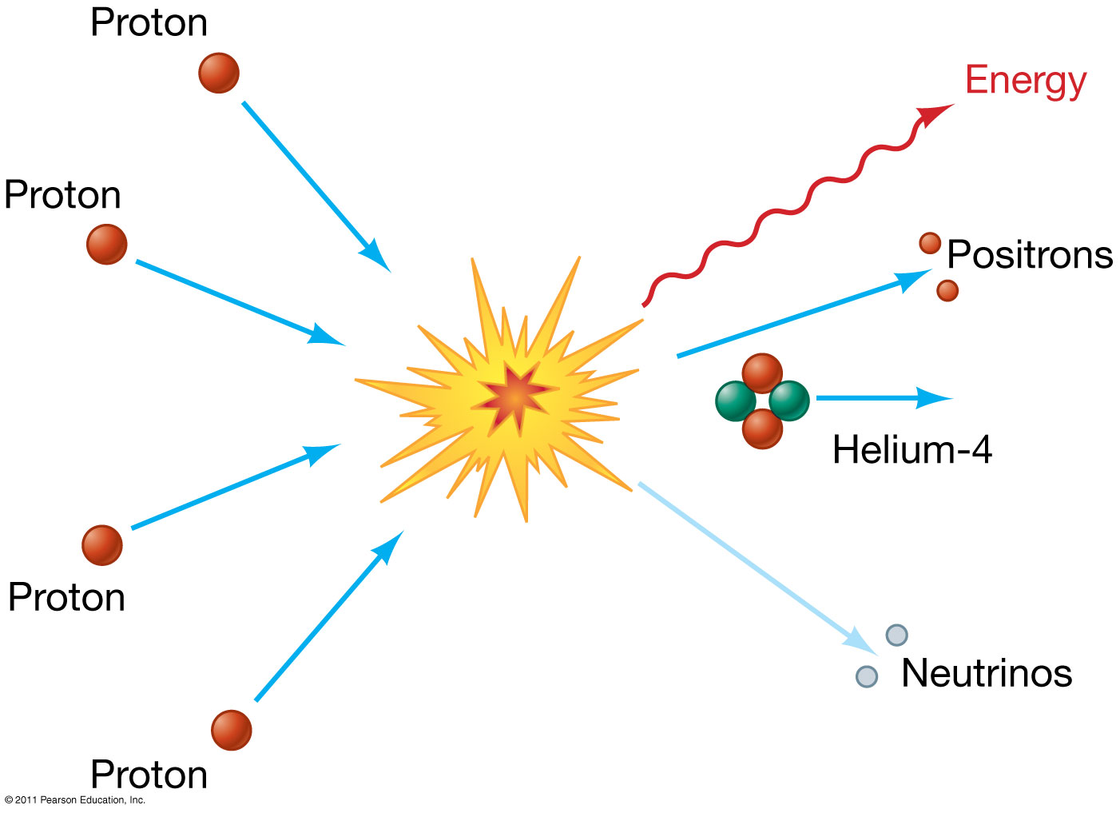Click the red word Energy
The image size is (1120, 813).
(1026, 82)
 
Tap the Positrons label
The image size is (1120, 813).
(1030, 255)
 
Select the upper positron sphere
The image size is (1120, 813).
(930, 243)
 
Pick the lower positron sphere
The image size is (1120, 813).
(947, 290)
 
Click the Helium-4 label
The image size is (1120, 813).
(911, 449)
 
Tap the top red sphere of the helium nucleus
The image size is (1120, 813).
(762, 373)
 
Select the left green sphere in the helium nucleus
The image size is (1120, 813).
(734, 401)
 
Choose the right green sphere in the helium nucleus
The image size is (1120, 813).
(789, 401)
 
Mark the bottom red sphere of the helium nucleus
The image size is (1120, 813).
(762, 429)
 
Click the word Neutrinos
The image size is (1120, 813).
(986, 673)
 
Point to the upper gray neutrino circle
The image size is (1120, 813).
(897, 635)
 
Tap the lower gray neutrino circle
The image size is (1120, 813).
(867, 676)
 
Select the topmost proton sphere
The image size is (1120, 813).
(219, 73)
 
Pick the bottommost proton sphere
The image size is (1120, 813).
(232, 730)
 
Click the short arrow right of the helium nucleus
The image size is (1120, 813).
(883, 397)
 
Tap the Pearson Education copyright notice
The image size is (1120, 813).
(75, 799)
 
